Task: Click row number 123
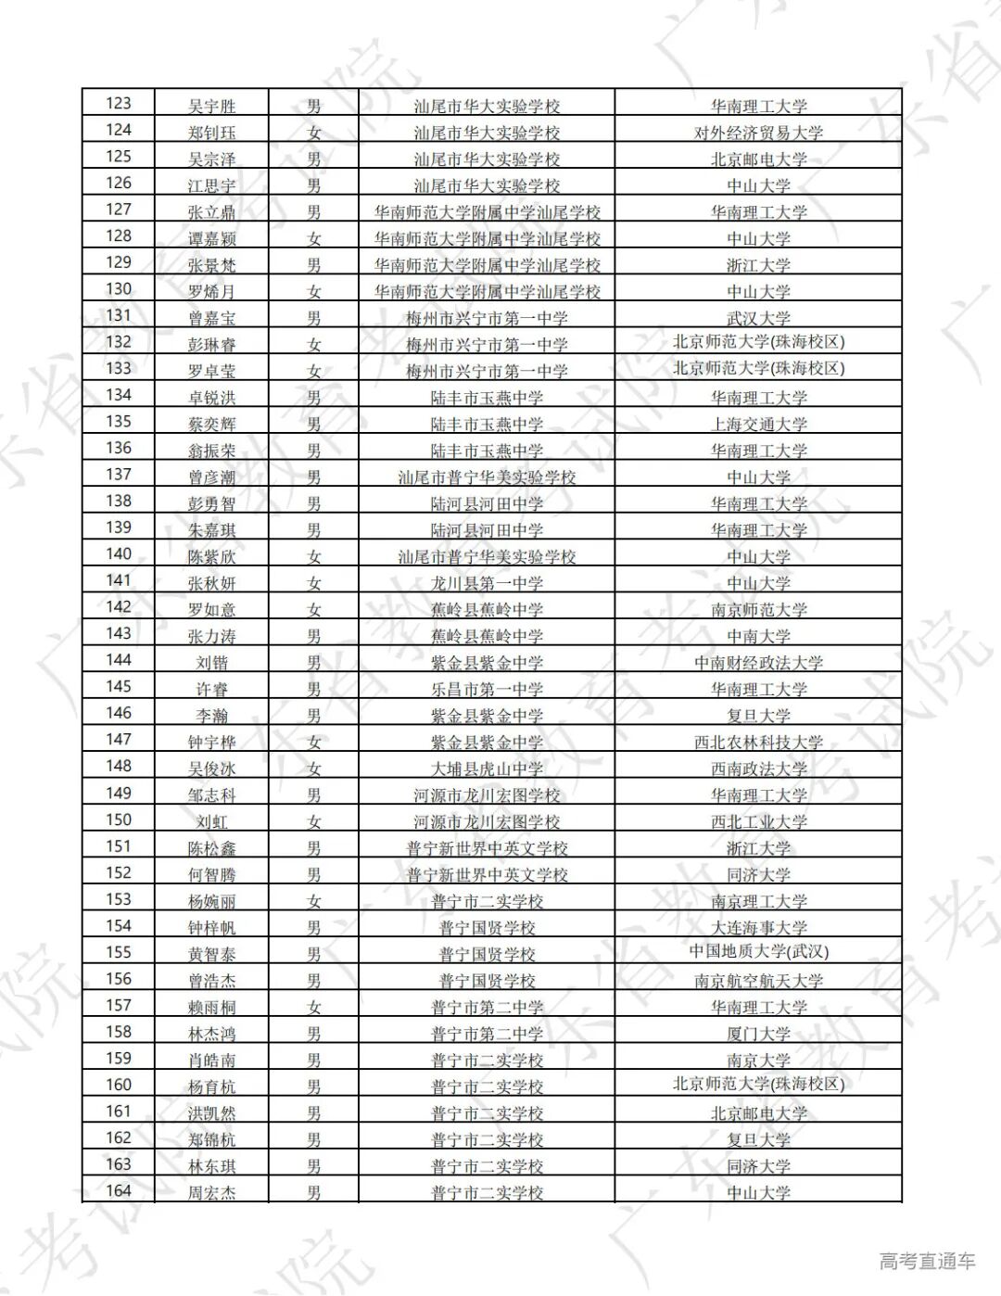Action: [119, 104]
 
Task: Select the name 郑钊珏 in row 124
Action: [211, 133]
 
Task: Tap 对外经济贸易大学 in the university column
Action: [758, 133]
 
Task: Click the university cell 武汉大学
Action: [758, 318]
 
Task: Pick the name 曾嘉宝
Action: [211, 318]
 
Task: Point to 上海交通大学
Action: [758, 424]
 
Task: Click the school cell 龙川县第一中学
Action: [487, 583]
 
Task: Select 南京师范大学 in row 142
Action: [758, 610]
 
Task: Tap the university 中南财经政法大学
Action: [758, 663]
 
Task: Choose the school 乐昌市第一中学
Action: [487, 689]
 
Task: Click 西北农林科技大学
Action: [758, 743]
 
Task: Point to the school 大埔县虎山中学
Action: [487, 769]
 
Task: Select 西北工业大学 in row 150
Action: [758, 821]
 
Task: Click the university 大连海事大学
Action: [758, 927]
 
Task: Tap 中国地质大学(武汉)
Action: [758, 952]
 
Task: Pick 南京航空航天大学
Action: [758, 981]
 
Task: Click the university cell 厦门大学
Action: [758, 1034]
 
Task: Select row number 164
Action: [119, 1191]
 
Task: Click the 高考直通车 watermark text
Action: [927, 1261]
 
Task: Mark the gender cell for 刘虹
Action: [314, 821]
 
